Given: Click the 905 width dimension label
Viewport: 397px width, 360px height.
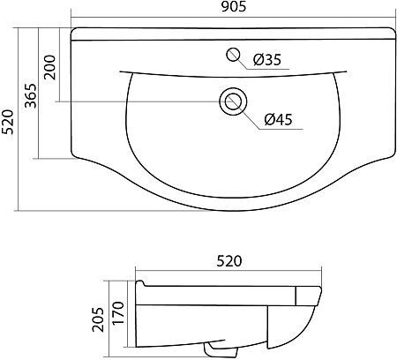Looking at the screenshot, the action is tap(233, 7).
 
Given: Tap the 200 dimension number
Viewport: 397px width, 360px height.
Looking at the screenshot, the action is tap(50, 67).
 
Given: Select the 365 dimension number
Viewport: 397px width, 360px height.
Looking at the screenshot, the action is tap(31, 96).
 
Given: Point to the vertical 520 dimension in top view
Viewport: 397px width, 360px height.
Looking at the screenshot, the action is tap(8, 122).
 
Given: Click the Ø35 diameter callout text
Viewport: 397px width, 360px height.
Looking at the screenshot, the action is tap(267, 60).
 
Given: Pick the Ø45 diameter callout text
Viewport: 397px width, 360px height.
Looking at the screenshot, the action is tap(278, 119).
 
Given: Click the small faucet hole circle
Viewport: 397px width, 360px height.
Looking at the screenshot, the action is tap(233, 55).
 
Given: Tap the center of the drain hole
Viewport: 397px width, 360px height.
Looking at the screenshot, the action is tap(233, 101).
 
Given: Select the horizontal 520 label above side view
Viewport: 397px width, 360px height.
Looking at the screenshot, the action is tap(229, 261).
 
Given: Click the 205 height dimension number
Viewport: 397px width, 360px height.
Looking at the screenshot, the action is tap(98, 319).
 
